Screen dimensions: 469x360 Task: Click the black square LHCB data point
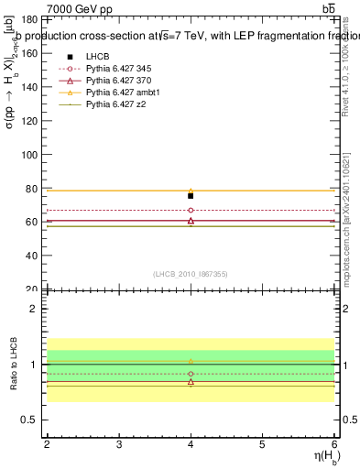(191, 196)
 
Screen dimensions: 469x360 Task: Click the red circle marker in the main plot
(191, 211)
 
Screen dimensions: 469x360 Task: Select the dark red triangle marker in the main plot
(191, 221)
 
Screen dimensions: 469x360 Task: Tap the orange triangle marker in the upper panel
(191, 191)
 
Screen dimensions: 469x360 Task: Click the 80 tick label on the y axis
(32, 190)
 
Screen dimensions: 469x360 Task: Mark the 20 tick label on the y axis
(32, 290)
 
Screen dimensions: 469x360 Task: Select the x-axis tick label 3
(119, 444)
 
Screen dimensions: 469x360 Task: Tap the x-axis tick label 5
(262, 444)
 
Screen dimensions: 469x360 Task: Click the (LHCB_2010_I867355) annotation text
(191, 273)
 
